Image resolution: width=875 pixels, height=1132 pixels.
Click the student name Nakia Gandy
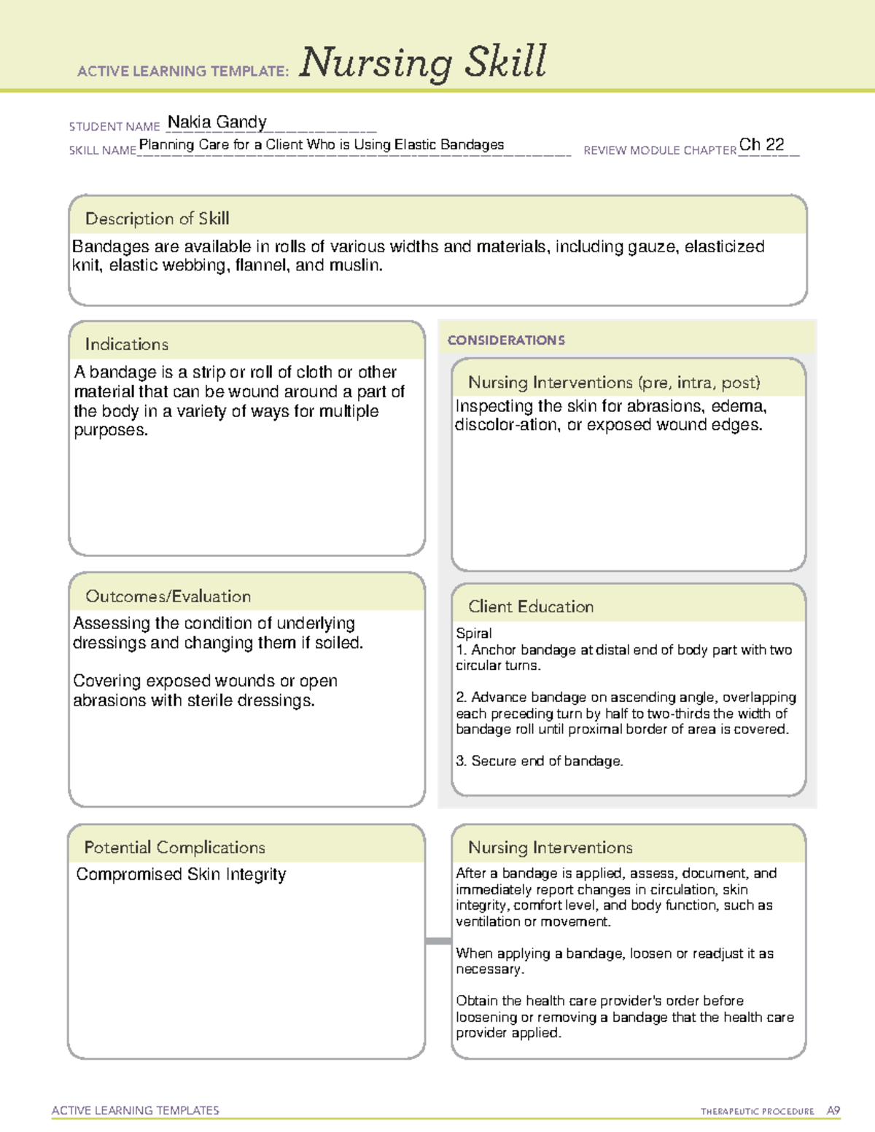click(217, 122)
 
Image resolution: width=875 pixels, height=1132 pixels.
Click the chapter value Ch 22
click(761, 144)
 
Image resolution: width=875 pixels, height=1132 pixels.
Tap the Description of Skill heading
click(157, 219)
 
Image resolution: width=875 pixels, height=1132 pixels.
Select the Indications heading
click(126, 344)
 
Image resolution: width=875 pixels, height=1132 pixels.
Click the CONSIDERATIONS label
click(506, 340)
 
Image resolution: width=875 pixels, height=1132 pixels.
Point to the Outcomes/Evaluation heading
click(168, 596)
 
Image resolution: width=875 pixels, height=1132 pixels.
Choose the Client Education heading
click(530, 606)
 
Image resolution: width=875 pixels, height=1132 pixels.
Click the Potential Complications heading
click(174, 847)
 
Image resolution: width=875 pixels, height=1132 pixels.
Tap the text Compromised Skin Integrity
click(181, 874)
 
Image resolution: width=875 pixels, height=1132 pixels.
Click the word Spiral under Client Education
click(474, 633)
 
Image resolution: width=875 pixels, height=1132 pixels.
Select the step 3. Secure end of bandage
click(540, 761)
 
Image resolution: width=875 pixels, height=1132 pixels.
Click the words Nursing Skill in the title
click(423, 63)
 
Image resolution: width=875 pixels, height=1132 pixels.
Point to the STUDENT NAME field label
click(114, 127)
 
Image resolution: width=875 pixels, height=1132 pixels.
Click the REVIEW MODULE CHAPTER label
click(660, 150)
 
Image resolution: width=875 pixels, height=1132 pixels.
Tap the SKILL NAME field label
click(102, 150)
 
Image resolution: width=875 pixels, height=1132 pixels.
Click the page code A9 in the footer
click(833, 1111)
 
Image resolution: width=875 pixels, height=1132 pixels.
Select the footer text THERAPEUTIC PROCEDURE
click(757, 1112)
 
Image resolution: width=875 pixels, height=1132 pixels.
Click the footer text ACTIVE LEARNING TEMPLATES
click(136, 1110)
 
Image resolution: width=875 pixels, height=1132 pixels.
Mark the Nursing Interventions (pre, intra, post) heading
click(614, 383)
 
